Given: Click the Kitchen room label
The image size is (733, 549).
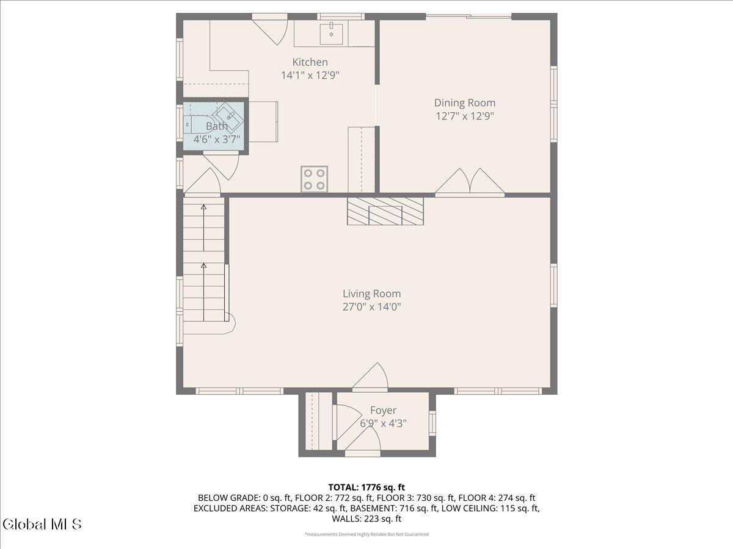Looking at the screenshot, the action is (x=310, y=62).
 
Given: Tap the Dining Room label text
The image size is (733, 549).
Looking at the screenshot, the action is (x=464, y=102).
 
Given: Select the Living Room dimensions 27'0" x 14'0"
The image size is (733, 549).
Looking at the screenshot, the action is (x=371, y=307).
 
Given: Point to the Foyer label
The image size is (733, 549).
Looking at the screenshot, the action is (x=384, y=411).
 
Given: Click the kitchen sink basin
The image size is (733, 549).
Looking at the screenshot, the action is (x=331, y=34).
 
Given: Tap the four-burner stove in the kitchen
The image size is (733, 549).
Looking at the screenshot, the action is (x=314, y=179).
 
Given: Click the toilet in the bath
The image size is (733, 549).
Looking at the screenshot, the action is (x=198, y=124).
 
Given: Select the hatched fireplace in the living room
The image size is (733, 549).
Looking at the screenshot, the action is (x=385, y=211).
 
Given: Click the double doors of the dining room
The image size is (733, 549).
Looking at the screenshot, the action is (x=470, y=182).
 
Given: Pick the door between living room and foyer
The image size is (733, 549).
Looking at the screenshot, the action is (x=370, y=376).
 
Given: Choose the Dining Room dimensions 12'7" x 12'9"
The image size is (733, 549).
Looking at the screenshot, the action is (x=464, y=116).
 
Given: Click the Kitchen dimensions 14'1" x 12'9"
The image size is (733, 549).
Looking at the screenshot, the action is (x=310, y=75).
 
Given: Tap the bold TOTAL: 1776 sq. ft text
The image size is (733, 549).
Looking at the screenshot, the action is (x=366, y=487).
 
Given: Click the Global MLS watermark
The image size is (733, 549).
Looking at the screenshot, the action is (x=42, y=525).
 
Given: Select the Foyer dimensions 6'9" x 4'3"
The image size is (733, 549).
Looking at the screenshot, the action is (x=384, y=423).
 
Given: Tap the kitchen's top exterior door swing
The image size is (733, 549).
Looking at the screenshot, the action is (x=270, y=30).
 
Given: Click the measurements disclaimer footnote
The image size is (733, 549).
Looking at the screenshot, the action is (x=366, y=534).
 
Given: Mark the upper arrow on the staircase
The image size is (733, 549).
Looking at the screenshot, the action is (x=203, y=228).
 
